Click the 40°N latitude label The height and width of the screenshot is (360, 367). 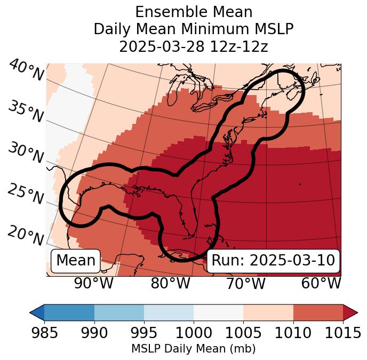coord(26,71)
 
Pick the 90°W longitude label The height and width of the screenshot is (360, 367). coord(94,283)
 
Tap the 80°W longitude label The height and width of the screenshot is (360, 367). coord(170,283)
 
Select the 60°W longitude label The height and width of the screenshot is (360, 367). coord(321,283)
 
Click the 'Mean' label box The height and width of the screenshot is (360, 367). coord(76,261)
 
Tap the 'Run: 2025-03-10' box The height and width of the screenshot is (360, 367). coord(273,261)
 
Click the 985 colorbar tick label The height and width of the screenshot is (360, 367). coord(44,333)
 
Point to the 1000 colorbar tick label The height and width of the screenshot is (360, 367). coord(194,333)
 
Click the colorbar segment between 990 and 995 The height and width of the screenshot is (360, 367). coord(119,312)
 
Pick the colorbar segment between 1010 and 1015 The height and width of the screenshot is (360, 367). coord(318,312)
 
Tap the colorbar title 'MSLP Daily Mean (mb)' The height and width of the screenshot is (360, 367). coord(194,349)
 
